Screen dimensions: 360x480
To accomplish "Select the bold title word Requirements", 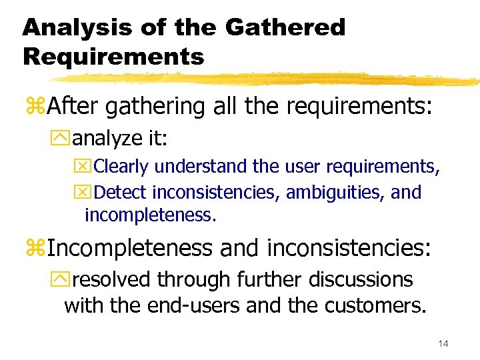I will click(113, 57).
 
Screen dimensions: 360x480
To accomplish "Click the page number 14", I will click(443, 343).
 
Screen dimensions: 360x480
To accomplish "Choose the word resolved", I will click(111, 279).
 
